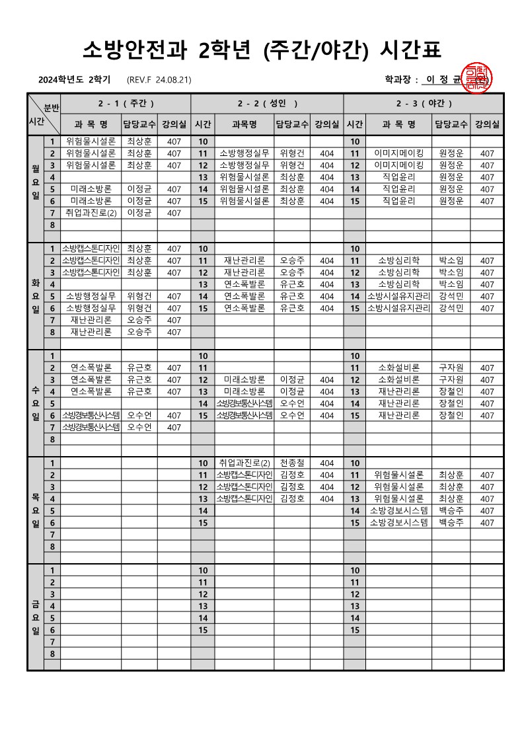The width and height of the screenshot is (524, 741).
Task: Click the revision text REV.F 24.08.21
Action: pyautogui.click(x=159, y=80)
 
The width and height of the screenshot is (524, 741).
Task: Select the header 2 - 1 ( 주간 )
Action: pyautogui.click(x=126, y=104)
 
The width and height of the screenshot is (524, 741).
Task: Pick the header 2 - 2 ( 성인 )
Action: pyautogui.click(x=267, y=104)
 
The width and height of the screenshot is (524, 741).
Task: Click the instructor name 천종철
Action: pyautogui.click(x=292, y=463)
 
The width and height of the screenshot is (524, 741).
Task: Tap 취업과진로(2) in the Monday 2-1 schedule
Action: pyautogui.click(x=91, y=213)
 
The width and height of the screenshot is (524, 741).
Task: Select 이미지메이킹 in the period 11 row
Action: pyautogui.click(x=398, y=153)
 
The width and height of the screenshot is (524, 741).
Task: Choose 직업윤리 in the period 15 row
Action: pyautogui.click(x=398, y=201)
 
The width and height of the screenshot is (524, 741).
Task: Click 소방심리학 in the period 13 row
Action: pyautogui.click(x=398, y=284)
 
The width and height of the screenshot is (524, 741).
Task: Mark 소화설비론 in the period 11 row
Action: pyautogui.click(x=398, y=368)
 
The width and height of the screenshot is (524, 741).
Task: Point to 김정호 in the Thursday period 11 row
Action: pyautogui.click(x=292, y=475)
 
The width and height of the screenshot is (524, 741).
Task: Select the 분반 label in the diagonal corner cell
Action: pyautogui.click(x=52, y=107)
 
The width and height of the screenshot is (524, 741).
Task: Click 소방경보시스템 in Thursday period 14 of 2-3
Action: pyautogui.click(x=398, y=510)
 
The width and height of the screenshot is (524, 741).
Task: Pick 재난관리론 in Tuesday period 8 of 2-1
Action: pyautogui.click(x=91, y=332)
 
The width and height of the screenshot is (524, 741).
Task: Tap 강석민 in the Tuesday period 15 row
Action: pyautogui.click(x=451, y=308)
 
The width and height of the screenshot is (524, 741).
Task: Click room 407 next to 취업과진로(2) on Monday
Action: pyautogui.click(x=174, y=213)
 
